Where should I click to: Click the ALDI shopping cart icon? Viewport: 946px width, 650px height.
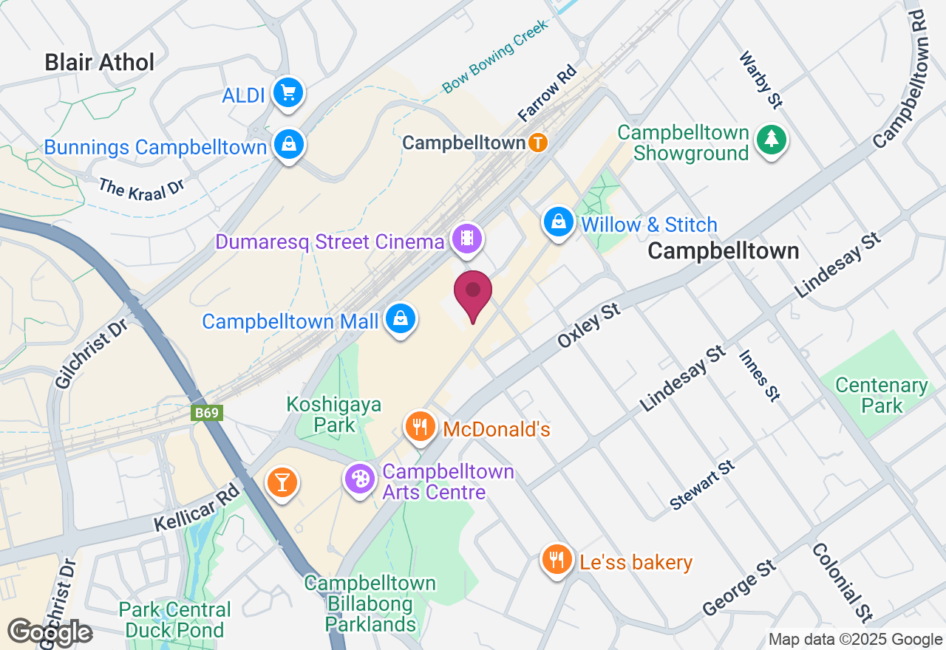coord(288,93)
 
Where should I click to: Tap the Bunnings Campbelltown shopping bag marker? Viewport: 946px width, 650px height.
coord(288,145)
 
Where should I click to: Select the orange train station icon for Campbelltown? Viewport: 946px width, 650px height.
coord(538,143)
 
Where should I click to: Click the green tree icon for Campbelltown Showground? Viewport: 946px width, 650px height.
coord(772,139)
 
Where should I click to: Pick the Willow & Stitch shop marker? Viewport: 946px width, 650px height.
coord(559,221)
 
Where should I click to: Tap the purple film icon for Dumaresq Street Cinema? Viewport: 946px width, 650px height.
coord(467,239)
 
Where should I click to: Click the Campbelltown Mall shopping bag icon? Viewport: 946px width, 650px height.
coord(401,319)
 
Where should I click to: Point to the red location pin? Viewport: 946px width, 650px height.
coord(473,292)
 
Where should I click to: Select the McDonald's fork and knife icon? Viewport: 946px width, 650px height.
coord(420,426)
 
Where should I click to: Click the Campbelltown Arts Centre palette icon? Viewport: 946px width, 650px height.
coord(360,479)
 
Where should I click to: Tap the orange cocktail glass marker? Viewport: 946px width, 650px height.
coord(282,482)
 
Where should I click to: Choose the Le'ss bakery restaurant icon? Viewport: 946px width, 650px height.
coord(557,560)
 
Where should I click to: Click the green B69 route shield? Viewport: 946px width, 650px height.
coord(206,413)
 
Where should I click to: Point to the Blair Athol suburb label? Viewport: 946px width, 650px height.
coord(100,62)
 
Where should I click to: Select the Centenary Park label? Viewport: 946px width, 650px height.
coord(882,395)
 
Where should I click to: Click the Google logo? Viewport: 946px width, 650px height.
coord(50,632)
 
